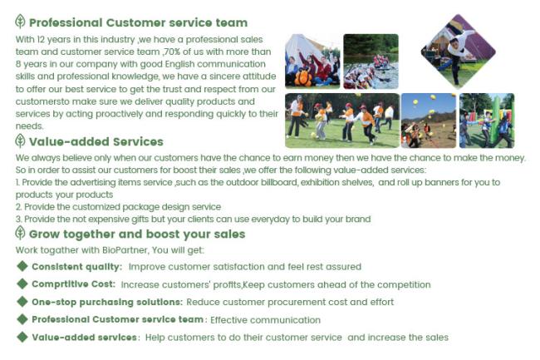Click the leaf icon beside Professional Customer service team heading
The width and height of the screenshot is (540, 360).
20,22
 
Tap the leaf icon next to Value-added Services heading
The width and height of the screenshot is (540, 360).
20,141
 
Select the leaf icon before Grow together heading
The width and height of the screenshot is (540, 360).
20,233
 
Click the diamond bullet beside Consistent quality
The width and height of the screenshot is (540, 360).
22,266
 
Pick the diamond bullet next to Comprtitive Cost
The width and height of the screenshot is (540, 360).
22,284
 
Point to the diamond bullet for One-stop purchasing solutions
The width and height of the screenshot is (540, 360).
22,302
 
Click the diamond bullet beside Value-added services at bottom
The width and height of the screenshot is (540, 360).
22,337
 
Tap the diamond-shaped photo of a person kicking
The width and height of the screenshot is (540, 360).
459,52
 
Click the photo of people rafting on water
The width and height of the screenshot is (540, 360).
371,62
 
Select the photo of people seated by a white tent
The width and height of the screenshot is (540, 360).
312,62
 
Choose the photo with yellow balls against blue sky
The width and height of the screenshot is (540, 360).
429,121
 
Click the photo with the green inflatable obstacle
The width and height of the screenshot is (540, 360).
487,121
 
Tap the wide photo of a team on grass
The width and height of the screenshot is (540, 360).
342,121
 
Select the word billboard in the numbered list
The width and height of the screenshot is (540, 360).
279,182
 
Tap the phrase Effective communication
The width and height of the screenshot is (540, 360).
265,320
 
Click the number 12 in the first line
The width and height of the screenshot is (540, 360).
41,40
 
